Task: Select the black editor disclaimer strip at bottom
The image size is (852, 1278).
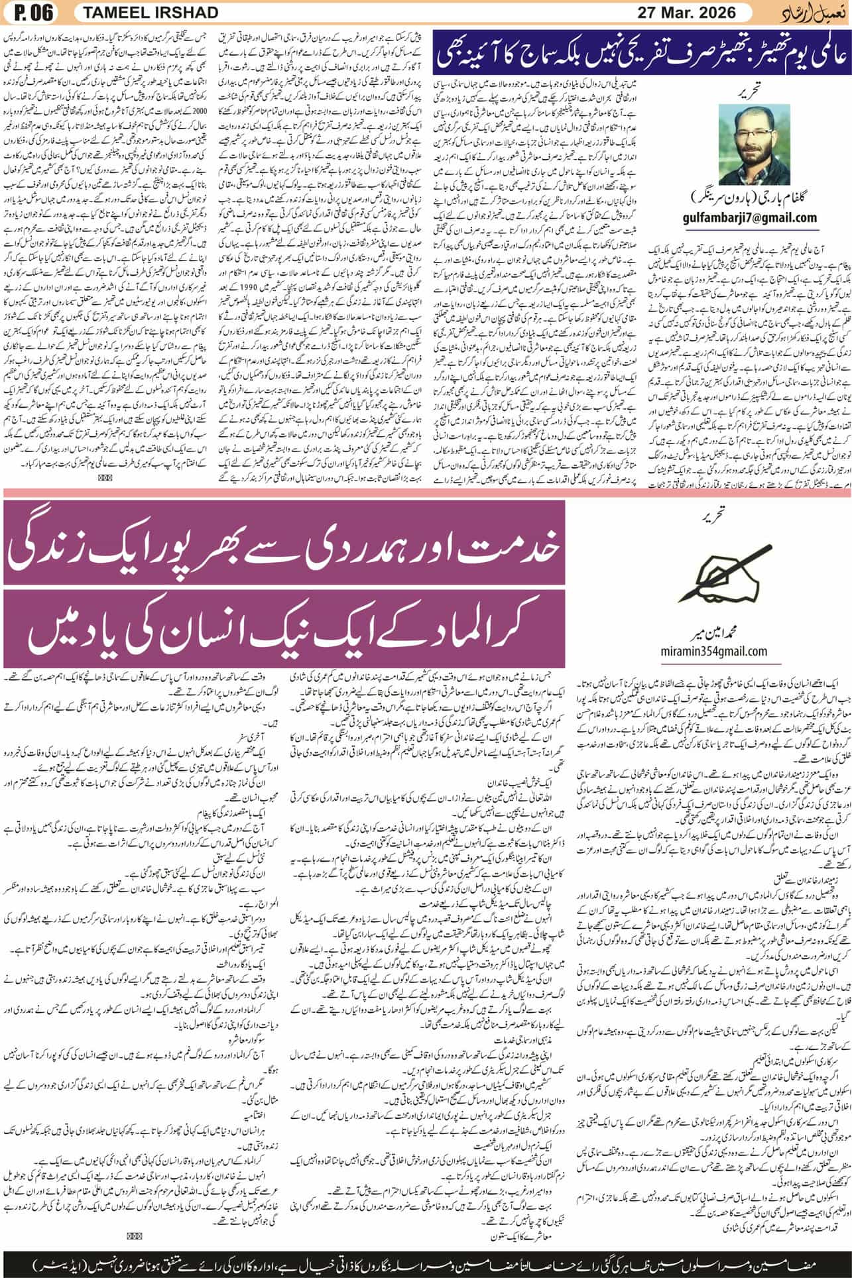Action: [426, 1257]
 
